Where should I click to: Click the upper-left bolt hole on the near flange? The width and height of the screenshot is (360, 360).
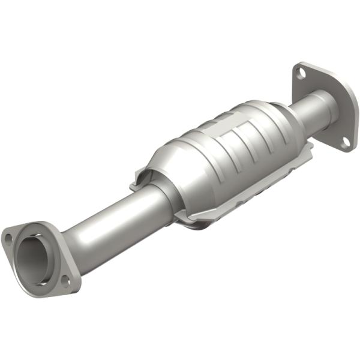(x=9, y=238)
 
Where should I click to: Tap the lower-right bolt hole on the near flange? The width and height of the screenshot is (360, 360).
(x=66, y=280)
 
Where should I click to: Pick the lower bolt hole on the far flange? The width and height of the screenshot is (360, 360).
(x=346, y=142)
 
